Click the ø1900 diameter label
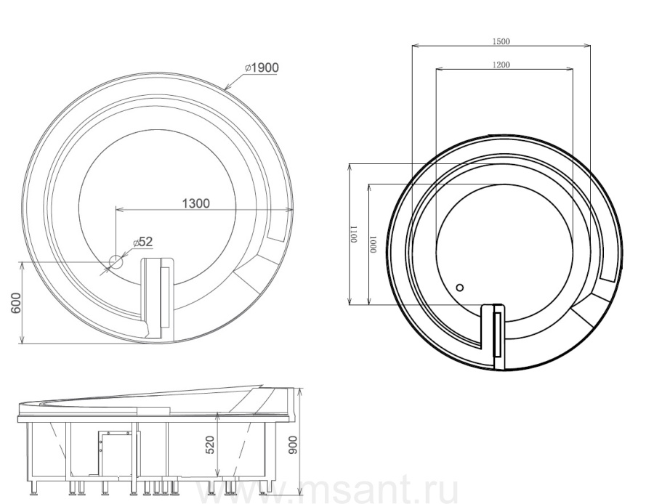[262, 68]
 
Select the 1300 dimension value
[196, 203]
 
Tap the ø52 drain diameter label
[143, 242]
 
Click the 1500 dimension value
[501, 41]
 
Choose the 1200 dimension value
[501, 65]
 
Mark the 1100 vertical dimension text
[354, 235]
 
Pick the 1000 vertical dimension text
[374, 244]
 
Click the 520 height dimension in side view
[210, 444]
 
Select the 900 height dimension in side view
[294, 444]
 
